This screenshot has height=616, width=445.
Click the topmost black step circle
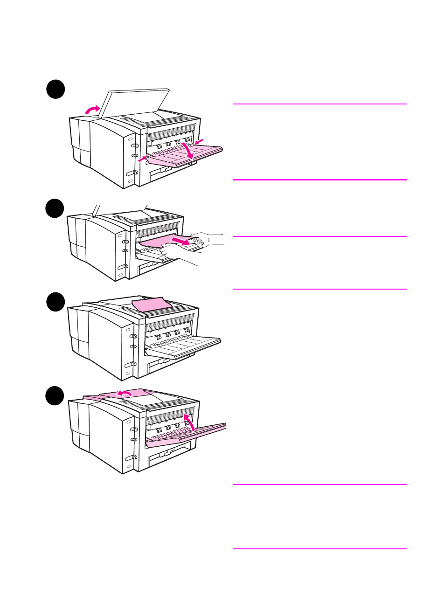[56, 89]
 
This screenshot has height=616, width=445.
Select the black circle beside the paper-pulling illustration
[55, 208]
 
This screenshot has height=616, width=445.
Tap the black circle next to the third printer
[56, 302]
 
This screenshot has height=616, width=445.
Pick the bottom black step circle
[55, 396]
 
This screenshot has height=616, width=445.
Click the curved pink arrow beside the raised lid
[92, 110]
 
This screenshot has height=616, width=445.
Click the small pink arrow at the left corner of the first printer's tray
[142, 159]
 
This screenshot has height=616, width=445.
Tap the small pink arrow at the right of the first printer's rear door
[199, 141]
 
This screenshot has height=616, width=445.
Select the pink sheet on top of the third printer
[152, 305]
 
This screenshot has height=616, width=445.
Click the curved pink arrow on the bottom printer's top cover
[124, 394]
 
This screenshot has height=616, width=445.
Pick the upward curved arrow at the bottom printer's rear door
[189, 422]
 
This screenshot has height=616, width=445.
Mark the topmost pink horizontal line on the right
[320, 104]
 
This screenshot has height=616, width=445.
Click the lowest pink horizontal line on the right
[320, 549]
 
